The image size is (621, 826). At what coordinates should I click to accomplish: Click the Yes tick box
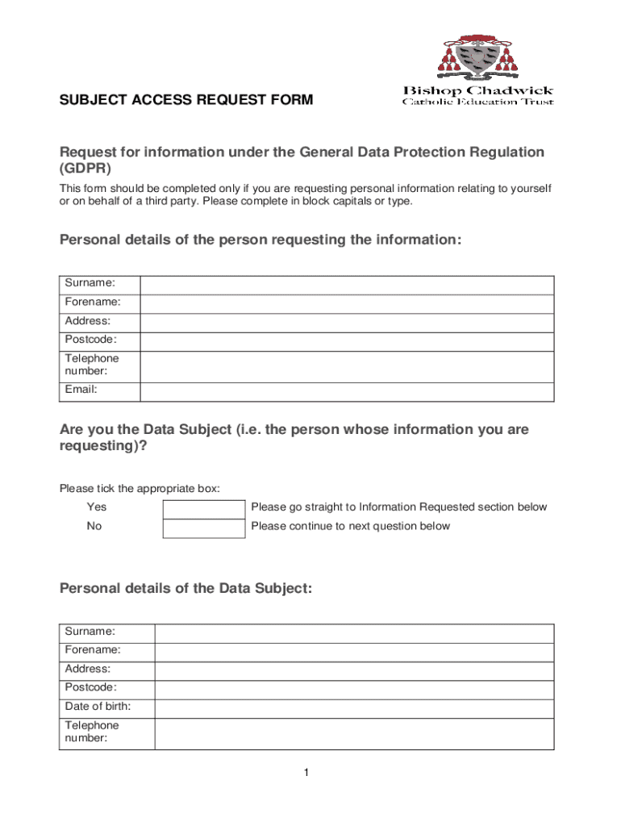point(203,509)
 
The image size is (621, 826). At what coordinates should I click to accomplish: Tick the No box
point(203,528)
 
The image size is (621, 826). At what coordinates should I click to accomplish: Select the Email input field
point(347,391)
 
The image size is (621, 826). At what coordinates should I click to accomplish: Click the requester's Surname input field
point(347,285)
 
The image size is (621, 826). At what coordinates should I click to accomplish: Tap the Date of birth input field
point(354,708)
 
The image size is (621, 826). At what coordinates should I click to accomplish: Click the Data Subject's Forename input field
point(354,652)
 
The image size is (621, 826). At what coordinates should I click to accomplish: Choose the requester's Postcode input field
point(347,342)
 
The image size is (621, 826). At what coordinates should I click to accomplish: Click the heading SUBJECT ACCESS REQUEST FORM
point(186,101)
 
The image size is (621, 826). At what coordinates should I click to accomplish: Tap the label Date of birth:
point(98,707)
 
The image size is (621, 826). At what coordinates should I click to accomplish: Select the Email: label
point(81,390)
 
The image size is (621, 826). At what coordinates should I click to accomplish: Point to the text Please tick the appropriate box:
point(140,489)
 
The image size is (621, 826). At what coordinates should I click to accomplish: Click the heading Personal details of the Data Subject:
point(185,589)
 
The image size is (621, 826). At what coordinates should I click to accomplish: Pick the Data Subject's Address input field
point(354,670)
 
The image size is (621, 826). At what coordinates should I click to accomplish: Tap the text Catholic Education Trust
point(478,102)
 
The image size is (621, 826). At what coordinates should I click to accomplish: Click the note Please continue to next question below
point(351,527)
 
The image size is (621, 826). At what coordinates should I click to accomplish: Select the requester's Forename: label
point(93,302)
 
